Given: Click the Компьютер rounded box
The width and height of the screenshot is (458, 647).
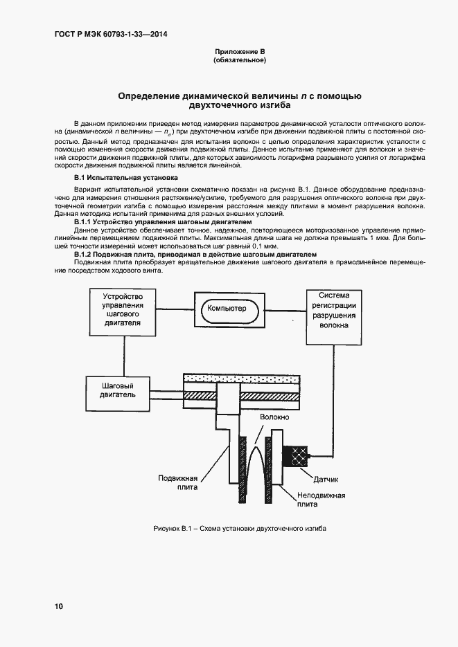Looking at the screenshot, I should pos(228,308).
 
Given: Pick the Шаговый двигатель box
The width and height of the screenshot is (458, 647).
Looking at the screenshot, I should pos(117,390).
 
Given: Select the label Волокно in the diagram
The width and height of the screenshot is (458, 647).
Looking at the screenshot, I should pos(275,419).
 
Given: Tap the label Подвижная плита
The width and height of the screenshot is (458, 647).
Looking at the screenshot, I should pos(178,482).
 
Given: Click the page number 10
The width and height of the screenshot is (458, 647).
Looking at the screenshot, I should pos(59,606).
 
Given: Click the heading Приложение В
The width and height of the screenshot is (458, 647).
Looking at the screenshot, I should pos(239,52).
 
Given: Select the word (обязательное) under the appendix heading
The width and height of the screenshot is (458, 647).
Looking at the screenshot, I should pos(239,61).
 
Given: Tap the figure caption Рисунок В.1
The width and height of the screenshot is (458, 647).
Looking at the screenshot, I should pos(239,529).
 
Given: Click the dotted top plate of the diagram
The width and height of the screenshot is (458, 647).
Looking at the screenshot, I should pos(240,379).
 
